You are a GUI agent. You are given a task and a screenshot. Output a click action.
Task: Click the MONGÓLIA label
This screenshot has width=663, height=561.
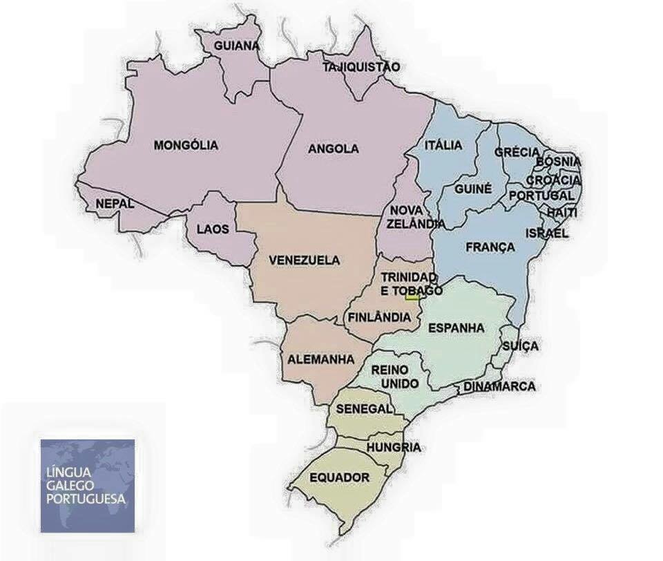tap(186, 145)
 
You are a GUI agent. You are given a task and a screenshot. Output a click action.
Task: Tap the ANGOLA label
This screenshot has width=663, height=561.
tap(334, 149)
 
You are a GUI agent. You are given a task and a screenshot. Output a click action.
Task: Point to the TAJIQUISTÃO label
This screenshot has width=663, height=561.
tap(361, 67)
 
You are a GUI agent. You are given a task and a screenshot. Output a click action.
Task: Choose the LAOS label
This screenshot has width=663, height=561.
tap(213, 229)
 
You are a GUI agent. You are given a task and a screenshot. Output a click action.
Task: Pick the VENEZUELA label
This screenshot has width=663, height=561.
tap(305, 260)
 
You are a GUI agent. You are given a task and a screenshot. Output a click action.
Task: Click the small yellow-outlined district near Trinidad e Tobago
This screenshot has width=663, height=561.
tap(412, 297)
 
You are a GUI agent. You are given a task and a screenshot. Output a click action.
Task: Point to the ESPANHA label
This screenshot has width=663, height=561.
tap(457, 327)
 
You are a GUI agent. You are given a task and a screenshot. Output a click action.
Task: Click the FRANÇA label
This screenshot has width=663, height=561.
tap(490, 247)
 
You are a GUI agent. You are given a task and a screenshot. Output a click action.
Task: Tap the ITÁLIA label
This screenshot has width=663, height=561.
tap(444, 145)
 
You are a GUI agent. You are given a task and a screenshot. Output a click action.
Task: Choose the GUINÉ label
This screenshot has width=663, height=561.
tap(473, 188)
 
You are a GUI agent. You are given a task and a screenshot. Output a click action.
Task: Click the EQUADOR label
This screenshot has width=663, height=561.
tap(339, 477)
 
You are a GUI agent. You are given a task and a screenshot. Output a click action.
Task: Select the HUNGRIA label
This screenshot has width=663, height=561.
tap(394, 448)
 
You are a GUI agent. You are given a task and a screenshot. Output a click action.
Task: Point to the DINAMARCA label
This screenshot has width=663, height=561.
tap(499, 386)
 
